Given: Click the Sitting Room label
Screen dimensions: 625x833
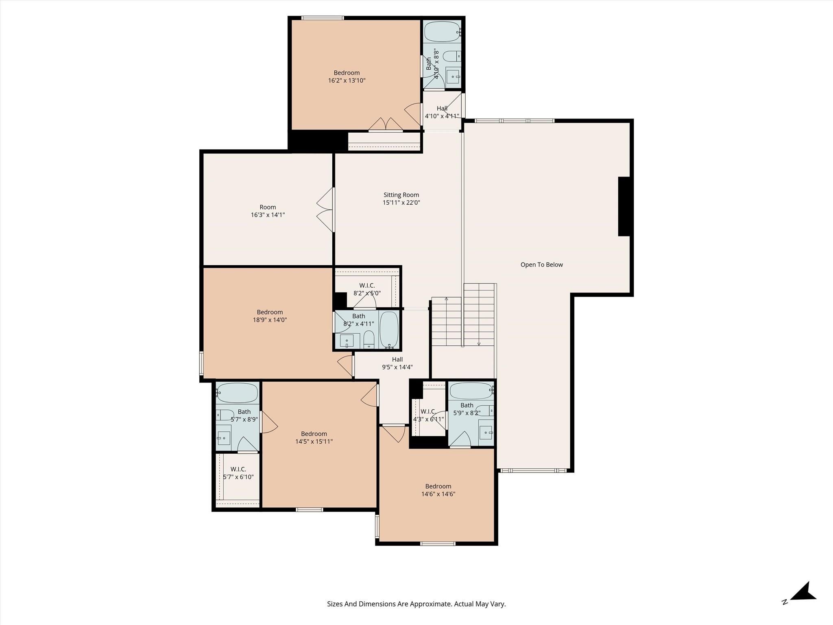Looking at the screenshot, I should point(401,195).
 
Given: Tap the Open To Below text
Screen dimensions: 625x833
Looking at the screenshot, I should point(541,264).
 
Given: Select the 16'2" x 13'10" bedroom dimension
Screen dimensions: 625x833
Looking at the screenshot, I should point(347,81).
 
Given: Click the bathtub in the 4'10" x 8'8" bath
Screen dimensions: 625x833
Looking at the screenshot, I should point(442,31).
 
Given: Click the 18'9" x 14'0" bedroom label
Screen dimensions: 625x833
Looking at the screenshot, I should point(270,316).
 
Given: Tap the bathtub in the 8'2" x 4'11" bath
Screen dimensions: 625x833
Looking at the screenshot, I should point(389,329).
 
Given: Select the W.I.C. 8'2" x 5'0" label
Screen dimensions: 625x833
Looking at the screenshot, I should point(367,289).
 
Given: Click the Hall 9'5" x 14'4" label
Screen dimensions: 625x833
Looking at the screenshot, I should point(397,363).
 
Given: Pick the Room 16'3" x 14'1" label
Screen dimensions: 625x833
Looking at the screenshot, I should point(268,211).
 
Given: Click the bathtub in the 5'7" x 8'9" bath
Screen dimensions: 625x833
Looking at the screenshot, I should point(237,393).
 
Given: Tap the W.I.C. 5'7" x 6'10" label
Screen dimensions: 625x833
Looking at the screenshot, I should point(238,473).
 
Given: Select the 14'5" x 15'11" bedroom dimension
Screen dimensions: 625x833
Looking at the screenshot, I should point(314,441).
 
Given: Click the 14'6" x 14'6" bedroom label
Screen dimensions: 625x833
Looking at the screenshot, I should point(438,490).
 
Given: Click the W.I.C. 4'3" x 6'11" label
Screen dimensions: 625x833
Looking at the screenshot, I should point(428,415).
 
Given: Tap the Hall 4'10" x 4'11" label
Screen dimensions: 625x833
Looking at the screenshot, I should point(442,112).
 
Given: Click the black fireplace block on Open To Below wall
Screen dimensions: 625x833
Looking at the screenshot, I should point(624,206).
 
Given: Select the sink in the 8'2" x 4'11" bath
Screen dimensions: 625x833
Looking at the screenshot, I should point(347,341).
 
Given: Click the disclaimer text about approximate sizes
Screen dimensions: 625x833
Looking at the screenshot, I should point(416,604).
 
